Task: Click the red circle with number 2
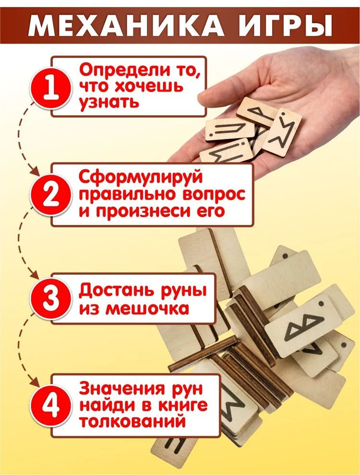click(x=51, y=195)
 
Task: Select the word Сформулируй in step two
click(x=141, y=178)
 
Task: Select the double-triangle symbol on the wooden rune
click(x=303, y=329)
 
